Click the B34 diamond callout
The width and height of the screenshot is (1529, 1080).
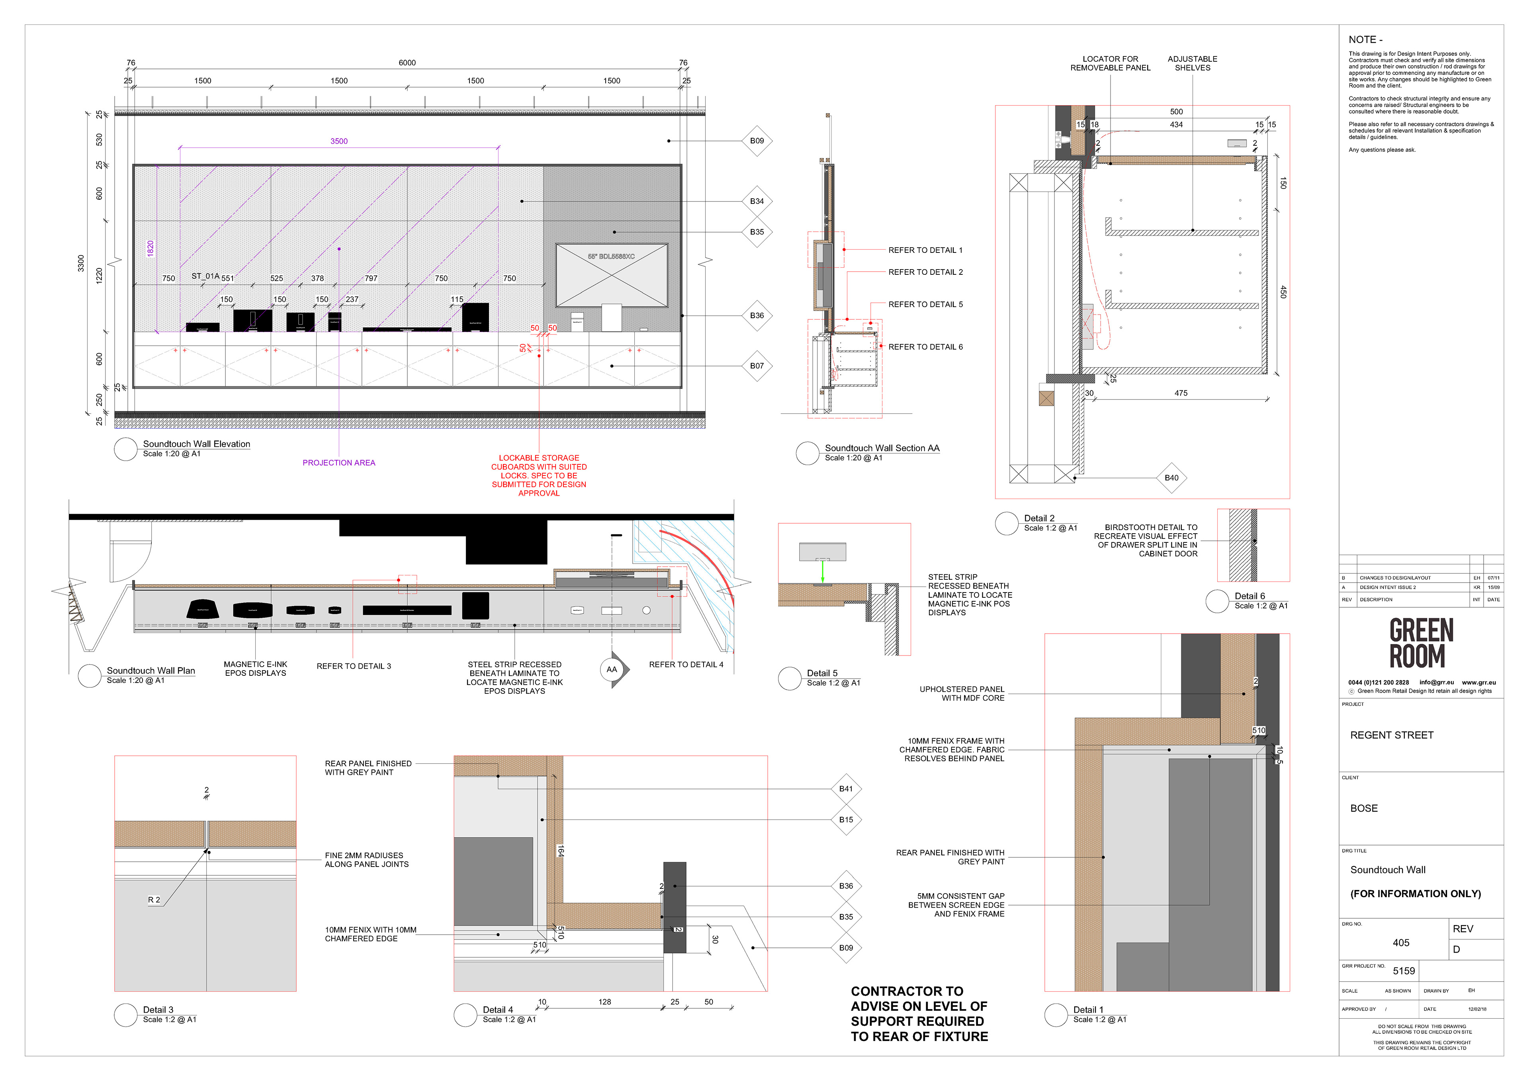[x=757, y=201]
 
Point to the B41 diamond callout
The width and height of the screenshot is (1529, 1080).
[x=846, y=788]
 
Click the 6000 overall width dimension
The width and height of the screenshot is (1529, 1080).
[x=407, y=63]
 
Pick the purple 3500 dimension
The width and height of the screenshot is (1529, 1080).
[x=339, y=141]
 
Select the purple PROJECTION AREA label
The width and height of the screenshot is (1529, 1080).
[x=339, y=463]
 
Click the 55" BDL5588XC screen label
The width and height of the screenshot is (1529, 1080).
[x=611, y=256]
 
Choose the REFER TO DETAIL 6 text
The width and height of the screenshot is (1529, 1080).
[x=925, y=347]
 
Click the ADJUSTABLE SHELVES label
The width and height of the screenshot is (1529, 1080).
[x=1192, y=63]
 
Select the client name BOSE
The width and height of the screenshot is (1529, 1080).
[x=1364, y=808]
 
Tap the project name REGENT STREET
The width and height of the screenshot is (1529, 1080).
[x=1391, y=735]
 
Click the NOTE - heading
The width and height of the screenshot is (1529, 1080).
[x=1365, y=40]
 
